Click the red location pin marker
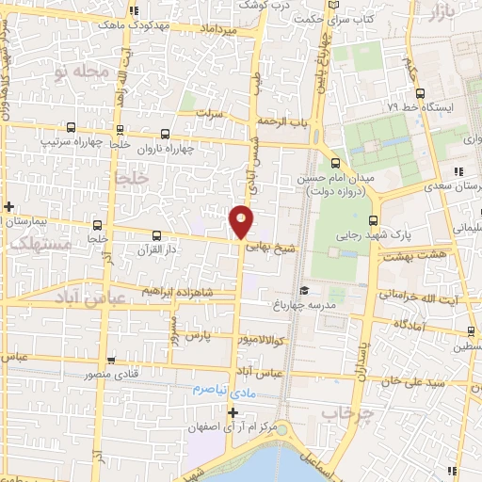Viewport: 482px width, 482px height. (241, 220)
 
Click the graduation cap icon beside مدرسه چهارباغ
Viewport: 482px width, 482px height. (303, 292)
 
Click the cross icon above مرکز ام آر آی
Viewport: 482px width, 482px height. (233, 411)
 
